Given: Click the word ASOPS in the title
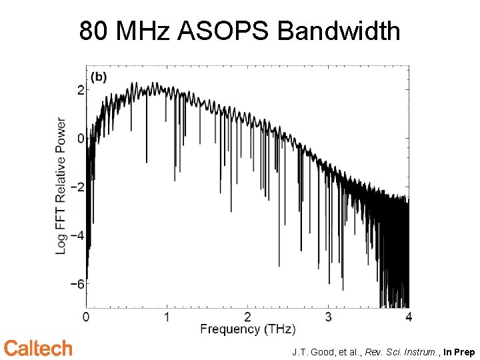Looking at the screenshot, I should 226,31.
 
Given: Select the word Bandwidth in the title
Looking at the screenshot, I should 339,31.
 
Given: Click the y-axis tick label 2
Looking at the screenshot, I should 80,90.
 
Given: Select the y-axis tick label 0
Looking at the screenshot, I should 80,139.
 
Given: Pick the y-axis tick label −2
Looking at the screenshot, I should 77,187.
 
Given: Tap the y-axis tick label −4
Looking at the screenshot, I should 77,235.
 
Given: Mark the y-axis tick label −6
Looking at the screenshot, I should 77,284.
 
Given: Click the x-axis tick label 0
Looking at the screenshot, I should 86,316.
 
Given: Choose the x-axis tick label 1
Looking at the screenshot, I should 167,316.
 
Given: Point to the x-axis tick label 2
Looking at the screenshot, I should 247,316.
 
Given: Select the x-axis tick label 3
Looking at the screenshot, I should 328,316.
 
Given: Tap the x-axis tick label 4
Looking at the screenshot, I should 408,316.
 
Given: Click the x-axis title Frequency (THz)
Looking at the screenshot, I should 247,329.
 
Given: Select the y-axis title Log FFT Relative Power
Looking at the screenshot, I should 61,185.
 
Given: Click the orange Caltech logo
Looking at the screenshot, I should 38,348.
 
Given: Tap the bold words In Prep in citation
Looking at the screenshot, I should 459,352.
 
